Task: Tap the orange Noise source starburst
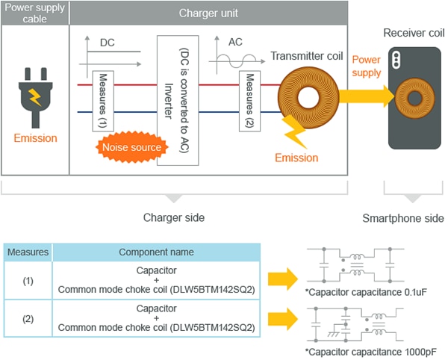tap(131, 147)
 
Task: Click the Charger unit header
tap(208, 13)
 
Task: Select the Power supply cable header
tap(34, 13)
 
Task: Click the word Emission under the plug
tap(34, 138)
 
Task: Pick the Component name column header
tap(156, 252)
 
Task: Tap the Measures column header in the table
tap(28, 252)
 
